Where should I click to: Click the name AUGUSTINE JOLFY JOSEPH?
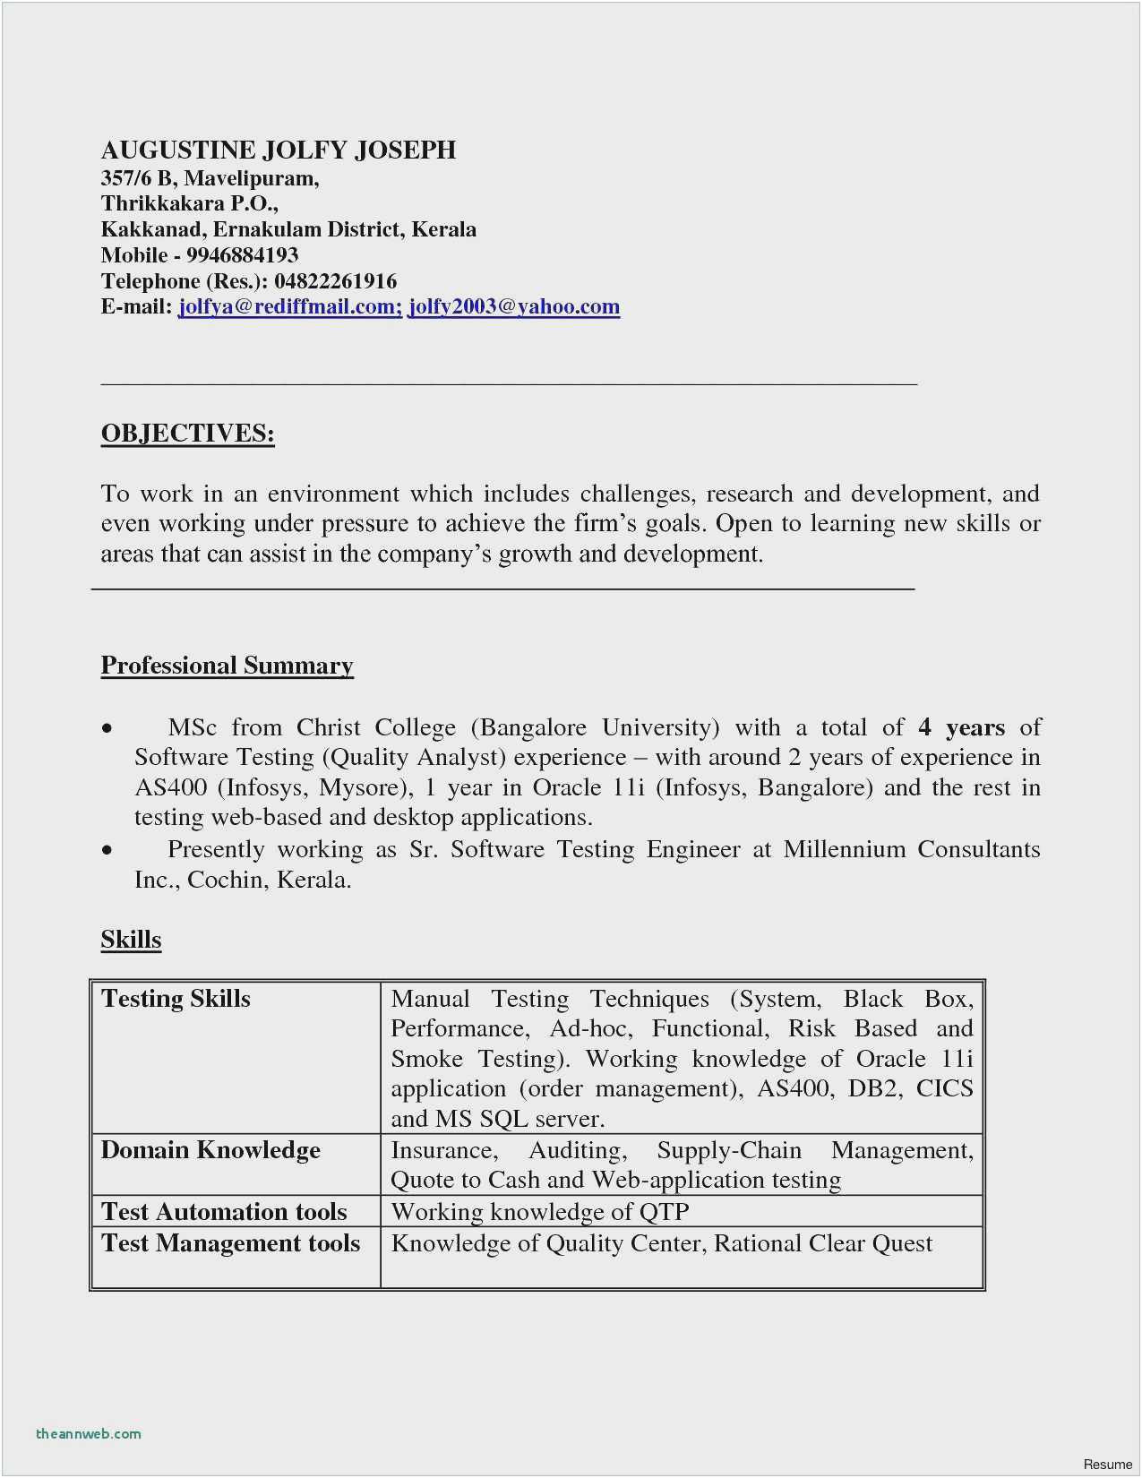click(x=279, y=150)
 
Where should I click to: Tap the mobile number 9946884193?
click(x=242, y=255)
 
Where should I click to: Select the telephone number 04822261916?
click(x=335, y=281)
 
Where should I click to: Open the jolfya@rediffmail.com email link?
click(x=289, y=307)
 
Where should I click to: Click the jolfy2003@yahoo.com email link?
click(x=514, y=307)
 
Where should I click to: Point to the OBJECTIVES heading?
click(x=187, y=434)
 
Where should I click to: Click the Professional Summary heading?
click(x=227, y=666)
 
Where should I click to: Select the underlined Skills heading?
click(x=131, y=940)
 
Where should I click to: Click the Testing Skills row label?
click(x=176, y=999)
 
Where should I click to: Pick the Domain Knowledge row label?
click(x=210, y=1150)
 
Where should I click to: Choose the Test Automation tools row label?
click(x=224, y=1212)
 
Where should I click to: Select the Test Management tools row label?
click(x=230, y=1243)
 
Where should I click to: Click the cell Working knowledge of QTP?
click(x=540, y=1212)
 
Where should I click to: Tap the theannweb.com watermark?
click(x=89, y=1433)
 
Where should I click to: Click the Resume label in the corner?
click(x=1107, y=1465)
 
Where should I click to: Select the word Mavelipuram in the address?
click(x=251, y=178)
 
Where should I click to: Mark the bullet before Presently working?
click(x=107, y=850)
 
